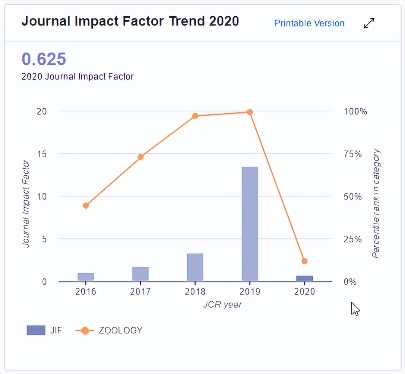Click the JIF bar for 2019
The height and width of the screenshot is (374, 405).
(x=250, y=224)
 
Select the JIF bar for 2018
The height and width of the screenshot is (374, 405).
(x=195, y=267)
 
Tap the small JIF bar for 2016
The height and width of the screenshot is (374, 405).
(x=85, y=277)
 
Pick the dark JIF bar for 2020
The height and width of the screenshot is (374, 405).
(x=304, y=278)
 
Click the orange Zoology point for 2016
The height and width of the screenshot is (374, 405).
(x=86, y=206)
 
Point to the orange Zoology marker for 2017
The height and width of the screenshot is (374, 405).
(x=141, y=157)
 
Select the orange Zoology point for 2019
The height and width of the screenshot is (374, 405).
(x=250, y=112)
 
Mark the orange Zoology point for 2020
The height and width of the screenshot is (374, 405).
(x=304, y=261)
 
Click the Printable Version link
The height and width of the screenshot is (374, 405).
(x=309, y=23)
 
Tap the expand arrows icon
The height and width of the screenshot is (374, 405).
(x=369, y=23)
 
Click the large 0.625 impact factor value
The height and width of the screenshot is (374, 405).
(x=44, y=59)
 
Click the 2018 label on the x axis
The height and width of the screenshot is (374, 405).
(x=195, y=292)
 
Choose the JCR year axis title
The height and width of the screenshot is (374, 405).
(x=222, y=305)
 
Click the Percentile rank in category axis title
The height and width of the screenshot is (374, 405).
(x=376, y=204)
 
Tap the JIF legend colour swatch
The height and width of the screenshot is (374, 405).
(x=36, y=330)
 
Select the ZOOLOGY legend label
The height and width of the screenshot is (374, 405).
(x=120, y=330)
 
